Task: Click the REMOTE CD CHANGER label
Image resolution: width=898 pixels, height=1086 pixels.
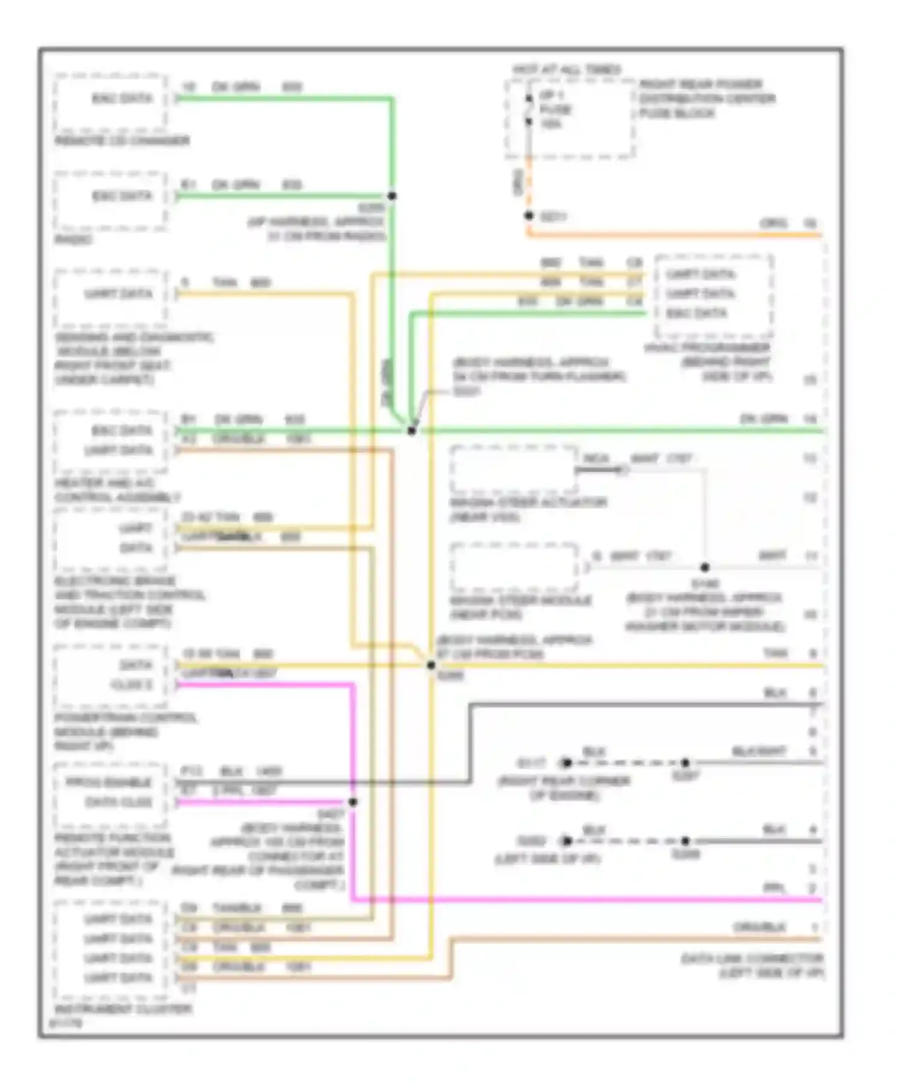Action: (122, 141)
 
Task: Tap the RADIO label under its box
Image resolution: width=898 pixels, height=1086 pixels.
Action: (73, 239)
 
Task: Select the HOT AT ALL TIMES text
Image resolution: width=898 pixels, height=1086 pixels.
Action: (566, 70)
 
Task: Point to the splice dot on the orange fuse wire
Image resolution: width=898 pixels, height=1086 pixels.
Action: (529, 216)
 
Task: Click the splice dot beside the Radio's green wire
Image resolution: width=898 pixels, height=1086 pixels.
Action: (392, 196)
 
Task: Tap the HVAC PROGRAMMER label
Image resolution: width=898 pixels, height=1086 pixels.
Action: (706, 348)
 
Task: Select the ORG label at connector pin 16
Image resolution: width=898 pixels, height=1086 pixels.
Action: (773, 223)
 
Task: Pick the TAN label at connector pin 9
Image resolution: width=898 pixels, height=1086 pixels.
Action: (775, 653)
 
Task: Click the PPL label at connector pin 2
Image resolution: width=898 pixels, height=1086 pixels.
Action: (773, 888)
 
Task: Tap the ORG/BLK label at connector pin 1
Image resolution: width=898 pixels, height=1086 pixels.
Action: (759, 927)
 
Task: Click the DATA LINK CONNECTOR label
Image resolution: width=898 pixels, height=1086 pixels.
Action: (752, 958)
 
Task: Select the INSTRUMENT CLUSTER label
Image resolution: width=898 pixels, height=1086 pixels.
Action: (123, 1009)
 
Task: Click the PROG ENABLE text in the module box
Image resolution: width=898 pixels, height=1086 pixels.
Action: (108, 782)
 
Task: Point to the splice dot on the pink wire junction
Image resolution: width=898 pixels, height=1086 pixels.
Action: (353, 802)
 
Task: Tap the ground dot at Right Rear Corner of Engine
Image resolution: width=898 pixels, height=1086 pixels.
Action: (566, 763)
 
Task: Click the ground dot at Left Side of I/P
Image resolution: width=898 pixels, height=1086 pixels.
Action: (566, 841)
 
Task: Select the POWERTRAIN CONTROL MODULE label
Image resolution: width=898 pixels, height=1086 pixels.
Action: (125, 717)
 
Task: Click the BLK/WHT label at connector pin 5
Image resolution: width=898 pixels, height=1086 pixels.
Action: (759, 751)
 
